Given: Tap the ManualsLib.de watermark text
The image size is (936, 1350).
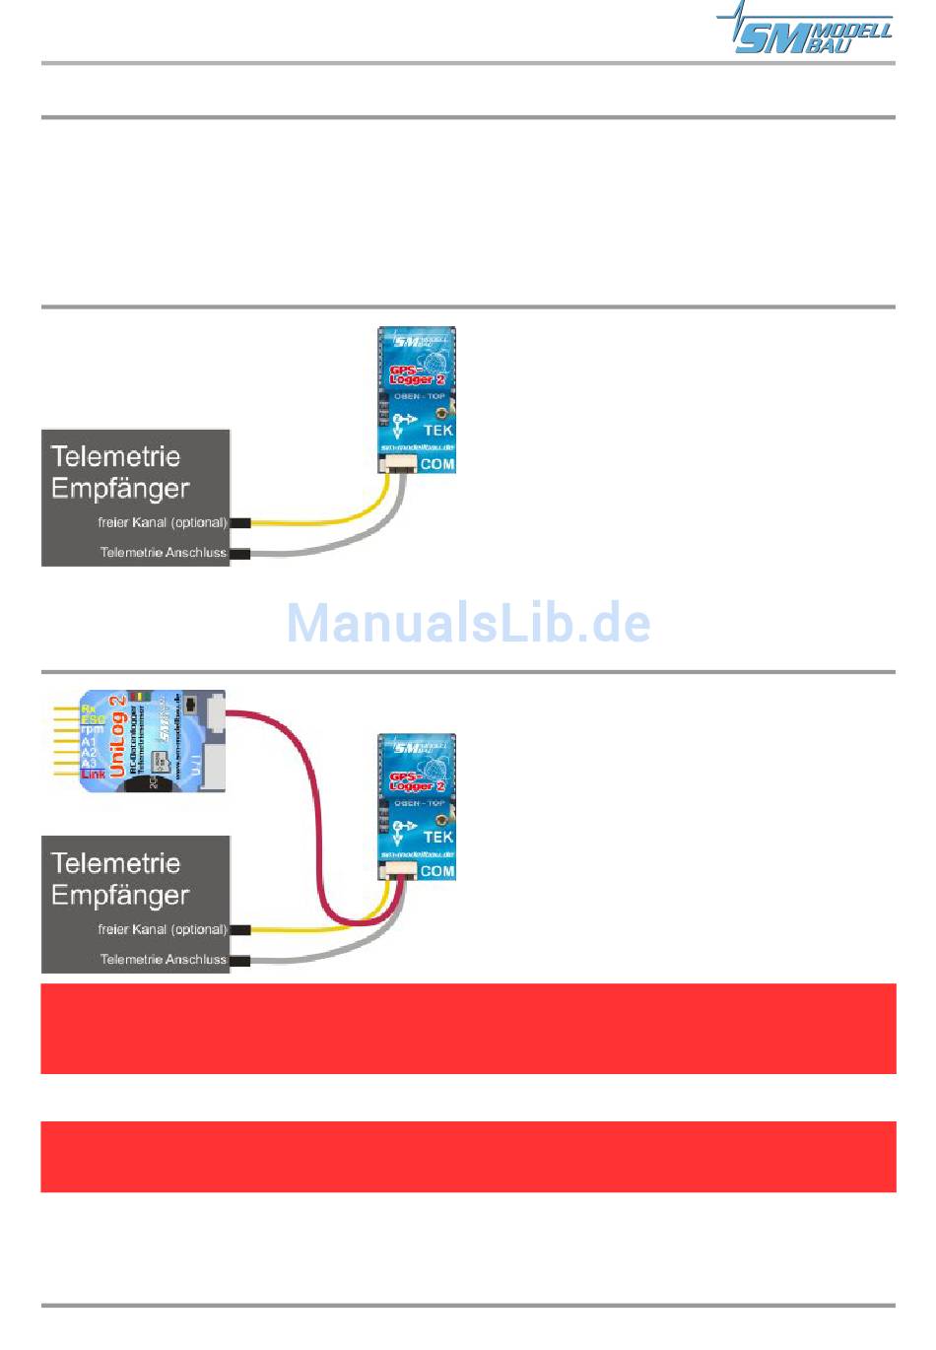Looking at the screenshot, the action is click(x=468, y=623).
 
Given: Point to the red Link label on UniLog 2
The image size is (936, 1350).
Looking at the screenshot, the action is click(x=94, y=775).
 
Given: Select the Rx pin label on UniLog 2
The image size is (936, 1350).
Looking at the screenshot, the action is click(x=89, y=709).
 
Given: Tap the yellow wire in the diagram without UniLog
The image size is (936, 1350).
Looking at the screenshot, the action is click(x=325, y=520).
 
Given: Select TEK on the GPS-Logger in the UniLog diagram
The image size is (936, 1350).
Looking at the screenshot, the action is click(x=437, y=837).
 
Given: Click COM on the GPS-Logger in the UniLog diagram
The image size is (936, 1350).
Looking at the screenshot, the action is click(x=437, y=871).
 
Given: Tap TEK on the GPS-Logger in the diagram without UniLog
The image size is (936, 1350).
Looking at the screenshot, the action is click(x=437, y=430).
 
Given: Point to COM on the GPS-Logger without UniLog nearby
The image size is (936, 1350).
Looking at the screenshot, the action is click(x=437, y=464).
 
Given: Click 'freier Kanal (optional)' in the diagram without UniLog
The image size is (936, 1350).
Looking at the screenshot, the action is click(x=162, y=522).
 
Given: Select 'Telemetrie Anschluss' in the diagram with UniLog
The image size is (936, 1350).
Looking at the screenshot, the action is click(x=163, y=959).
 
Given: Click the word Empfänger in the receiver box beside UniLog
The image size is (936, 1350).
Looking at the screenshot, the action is click(x=120, y=895).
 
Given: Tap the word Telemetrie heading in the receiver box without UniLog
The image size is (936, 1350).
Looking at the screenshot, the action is click(x=115, y=456).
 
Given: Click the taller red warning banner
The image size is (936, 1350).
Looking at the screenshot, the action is click(x=468, y=1028).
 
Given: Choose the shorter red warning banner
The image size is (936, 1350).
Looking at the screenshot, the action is click(x=468, y=1156).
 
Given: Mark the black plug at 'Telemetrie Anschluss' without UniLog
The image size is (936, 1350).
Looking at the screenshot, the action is click(x=239, y=553).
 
